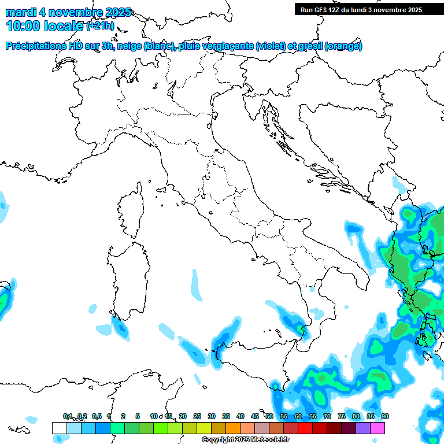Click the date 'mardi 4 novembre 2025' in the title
click(68, 12)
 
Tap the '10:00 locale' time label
click(45, 26)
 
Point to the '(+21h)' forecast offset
click(101, 26)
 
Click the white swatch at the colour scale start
click(59, 428)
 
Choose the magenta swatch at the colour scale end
click(378, 428)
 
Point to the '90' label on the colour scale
click(384, 417)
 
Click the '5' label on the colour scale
click(138, 417)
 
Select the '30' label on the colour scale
click(212, 417)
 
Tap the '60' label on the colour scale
click(298, 417)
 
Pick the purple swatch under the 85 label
click(363, 428)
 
